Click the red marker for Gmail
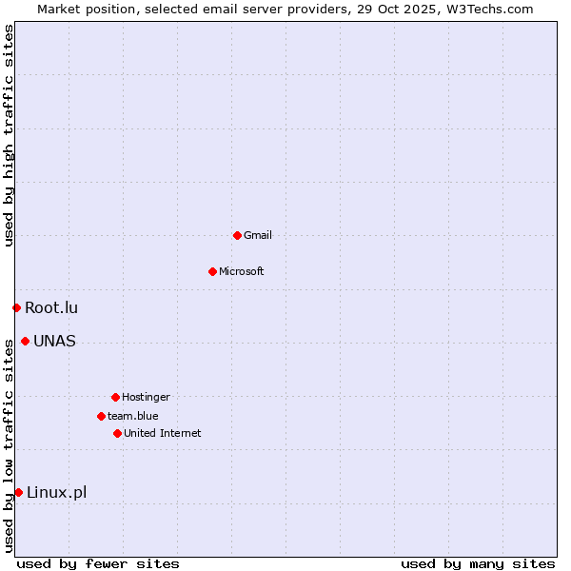click(x=237, y=235)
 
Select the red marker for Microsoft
click(x=212, y=271)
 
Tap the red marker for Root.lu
click(x=16, y=307)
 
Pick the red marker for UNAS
click(x=25, y=341)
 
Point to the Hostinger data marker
click(x=115, y=397)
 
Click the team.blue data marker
click(x=101, y=416)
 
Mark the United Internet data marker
click(x=117, y=433)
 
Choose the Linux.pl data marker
click(x=18, y=492)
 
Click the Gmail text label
click(x=258, y=235)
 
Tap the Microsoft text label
click(x=242, y=271)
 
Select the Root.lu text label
click(x=51, y=307)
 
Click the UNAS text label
click(x=54, y=341)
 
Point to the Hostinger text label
click(x=146, y=397)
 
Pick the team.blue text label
click(x=133, y=416)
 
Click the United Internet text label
click(x=163, y=433)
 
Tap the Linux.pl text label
click(x=56, y=492)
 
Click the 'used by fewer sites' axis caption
click(x=98, y=563)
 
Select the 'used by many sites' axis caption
click(x=478, y=563)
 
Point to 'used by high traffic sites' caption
click(x=9, y=135)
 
